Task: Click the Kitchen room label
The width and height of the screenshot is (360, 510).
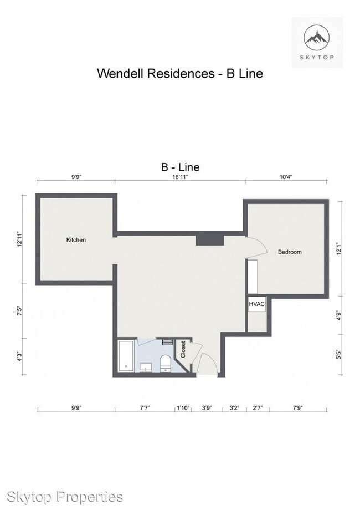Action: pos(76,240)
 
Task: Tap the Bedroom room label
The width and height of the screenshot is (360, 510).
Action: pos(290,252)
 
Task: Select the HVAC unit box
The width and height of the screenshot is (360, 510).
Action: pos(256,304)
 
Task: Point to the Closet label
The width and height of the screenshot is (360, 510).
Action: pos(183,349)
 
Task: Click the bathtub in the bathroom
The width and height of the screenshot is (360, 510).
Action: pos(126,356)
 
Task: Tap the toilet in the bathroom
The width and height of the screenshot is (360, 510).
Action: pos(166,363)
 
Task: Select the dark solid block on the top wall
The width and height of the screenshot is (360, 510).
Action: pos(210,240)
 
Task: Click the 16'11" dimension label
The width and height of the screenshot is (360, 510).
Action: pos(181,177)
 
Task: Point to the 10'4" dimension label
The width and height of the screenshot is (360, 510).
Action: pos(286,177)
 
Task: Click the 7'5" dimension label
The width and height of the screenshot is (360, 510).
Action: pos(20,311)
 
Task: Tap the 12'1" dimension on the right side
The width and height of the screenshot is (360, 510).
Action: pos(339,249)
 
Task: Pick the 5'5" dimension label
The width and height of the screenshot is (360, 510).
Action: pos(339,355)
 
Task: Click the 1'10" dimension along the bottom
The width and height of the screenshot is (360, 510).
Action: pos(183,408)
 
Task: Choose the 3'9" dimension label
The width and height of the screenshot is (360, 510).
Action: pos(207,408)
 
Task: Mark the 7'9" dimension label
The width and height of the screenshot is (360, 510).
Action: pos(297,408)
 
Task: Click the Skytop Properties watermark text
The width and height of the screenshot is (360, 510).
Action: pos(65,497)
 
